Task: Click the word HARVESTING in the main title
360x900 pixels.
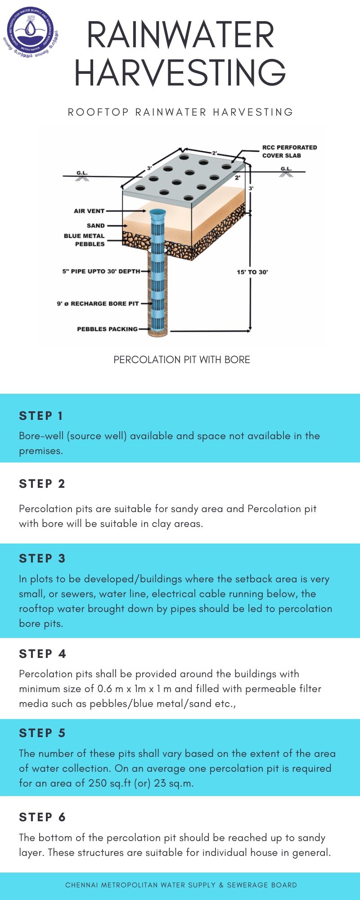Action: (180, 72)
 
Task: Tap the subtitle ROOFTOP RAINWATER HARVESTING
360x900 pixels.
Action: (180, 112)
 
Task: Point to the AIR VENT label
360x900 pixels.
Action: (89, 211)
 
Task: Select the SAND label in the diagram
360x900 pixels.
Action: (95, 225)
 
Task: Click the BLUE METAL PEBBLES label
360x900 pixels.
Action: (84, 240)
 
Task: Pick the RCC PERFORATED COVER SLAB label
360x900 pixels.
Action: (289, 151)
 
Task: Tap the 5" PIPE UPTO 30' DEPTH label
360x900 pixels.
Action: (101, 271)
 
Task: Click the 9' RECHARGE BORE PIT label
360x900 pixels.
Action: (98, 304)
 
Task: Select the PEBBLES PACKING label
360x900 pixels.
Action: (107, 329)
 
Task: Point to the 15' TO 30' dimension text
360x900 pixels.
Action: (252, 272)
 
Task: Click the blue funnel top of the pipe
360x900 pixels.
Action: (157, 214)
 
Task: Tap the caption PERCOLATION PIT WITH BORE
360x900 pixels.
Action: (181, 360)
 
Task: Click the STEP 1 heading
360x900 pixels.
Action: (41, 416)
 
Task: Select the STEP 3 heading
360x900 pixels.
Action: (42, 558)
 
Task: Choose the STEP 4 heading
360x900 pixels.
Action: (42, 654)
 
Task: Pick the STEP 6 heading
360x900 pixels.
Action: (42, 817)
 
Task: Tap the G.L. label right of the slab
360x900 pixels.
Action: (286, 169)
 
